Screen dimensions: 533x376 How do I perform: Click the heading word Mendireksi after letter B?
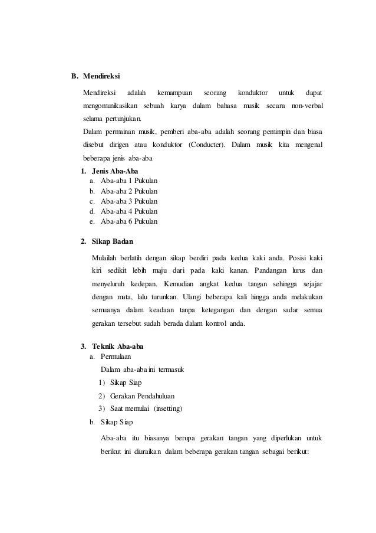tap(101, 76)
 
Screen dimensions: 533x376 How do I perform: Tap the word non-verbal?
tap(307, 106)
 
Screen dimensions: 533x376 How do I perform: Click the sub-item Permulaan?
tap(117, 357)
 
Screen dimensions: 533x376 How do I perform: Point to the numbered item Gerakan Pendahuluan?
tap(138, 396)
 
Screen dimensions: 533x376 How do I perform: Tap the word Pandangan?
tap(273, 272)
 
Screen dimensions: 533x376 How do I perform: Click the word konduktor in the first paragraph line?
tap(252, 93)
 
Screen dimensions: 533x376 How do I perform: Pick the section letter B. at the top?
tap(75, 76)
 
